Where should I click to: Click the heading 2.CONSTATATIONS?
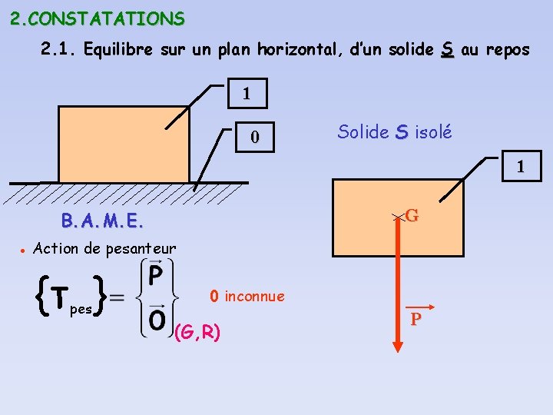[x=98, y=18]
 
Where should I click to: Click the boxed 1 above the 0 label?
[x=246, y=95]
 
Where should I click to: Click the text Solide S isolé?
[x=395, y=132]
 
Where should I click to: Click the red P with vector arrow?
[x=416, y=317]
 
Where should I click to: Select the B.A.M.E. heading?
[x=102, y=222]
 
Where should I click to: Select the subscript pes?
[x=80, y=310]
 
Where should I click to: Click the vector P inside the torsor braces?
[x=155, y=275]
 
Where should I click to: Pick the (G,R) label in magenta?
[x=198, y=332]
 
